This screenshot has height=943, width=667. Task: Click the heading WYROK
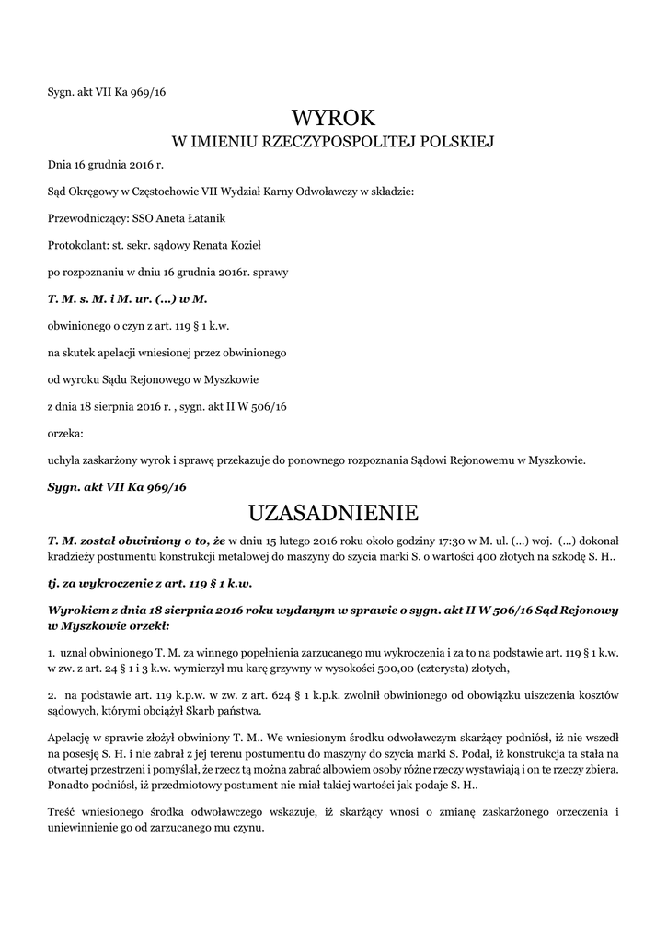333,118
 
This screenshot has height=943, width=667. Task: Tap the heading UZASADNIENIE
333,511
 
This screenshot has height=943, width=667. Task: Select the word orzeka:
65,432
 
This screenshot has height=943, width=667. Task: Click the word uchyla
63,459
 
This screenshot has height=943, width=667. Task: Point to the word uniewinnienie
85,826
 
